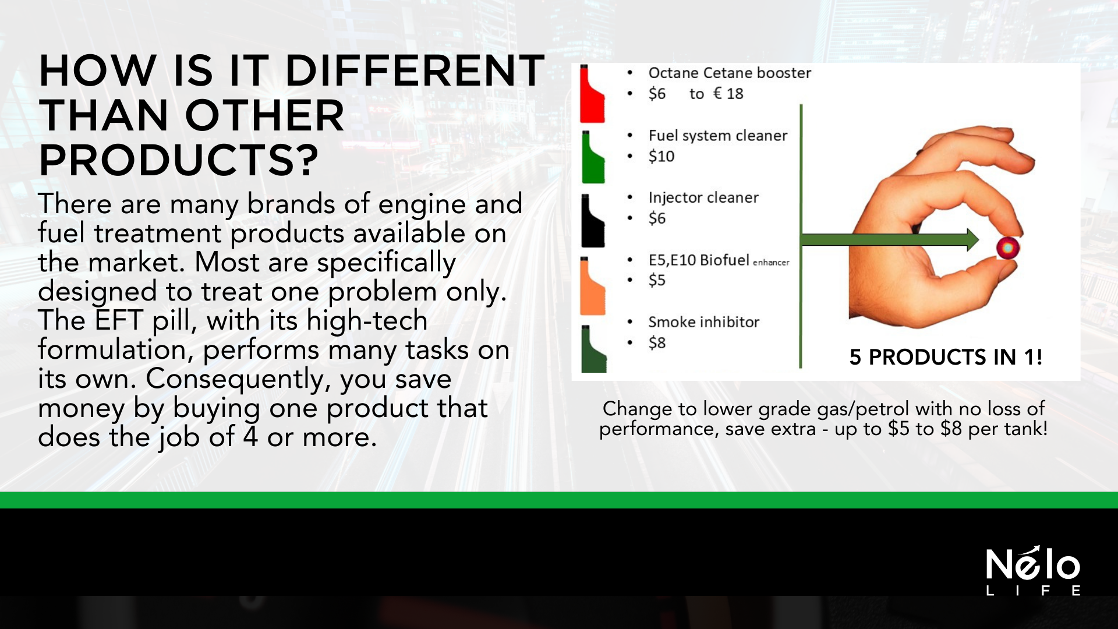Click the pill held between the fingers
1008,248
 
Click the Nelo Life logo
1033,571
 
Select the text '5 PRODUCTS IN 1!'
946,357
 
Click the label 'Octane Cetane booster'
730,73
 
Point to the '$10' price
661,156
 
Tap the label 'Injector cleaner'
703,197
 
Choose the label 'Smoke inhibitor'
704,322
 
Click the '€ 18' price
728,94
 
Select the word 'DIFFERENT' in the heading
415,70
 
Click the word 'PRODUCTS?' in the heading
179,160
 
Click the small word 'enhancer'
771,263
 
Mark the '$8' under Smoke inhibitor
657,342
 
